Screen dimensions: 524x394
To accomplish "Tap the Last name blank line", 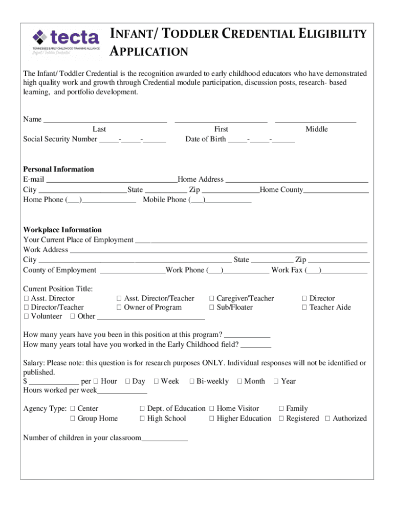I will [x=105, y=120].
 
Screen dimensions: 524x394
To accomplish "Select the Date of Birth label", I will [x=205, y=139].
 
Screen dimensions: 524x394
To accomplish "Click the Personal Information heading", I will [x=59, y=169].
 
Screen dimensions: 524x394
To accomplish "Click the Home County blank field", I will [x=336, y=191].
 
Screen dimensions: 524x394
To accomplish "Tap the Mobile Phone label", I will [x=165, y=200].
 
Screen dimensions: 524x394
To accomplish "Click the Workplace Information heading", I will [x=62, y=230].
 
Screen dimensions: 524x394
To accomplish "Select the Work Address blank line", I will [x=218, y=250].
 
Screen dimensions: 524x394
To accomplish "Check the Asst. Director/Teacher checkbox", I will [x=119, y=298].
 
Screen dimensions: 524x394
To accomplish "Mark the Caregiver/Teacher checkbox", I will [x=212, y=298].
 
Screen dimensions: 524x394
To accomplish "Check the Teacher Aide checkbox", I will [x=304, y=308].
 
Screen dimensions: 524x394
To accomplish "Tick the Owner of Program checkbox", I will [x=119, y=308].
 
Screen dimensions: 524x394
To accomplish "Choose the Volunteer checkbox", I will [x=26, y=316].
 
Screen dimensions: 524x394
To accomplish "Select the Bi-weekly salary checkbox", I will [x=192, y=381].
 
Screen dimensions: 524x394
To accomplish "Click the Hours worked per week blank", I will [x=122, y=391].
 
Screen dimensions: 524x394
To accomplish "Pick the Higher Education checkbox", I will [x=212, y=419].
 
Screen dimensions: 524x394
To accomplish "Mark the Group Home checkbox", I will [x=73, y=419].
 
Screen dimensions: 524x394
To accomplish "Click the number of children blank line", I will [x=164, y=439].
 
